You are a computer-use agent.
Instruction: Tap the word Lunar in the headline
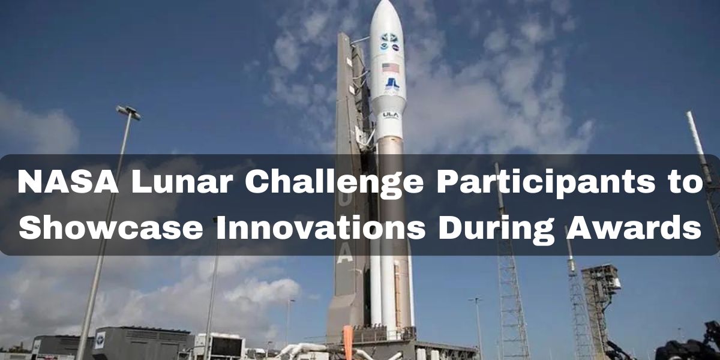(x=182, y=182)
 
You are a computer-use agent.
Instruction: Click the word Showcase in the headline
(x=111, y=227)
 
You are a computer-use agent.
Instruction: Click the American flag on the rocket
(x=391, y=68)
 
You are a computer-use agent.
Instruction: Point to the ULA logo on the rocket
(x=391, y=115)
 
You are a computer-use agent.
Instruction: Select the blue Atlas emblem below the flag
(x=392, y=83)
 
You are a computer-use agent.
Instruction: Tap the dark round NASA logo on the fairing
(x=396, y=48)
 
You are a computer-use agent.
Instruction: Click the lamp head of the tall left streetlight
(x=128, y=113)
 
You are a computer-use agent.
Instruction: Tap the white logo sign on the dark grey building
(x=100, y=340)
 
